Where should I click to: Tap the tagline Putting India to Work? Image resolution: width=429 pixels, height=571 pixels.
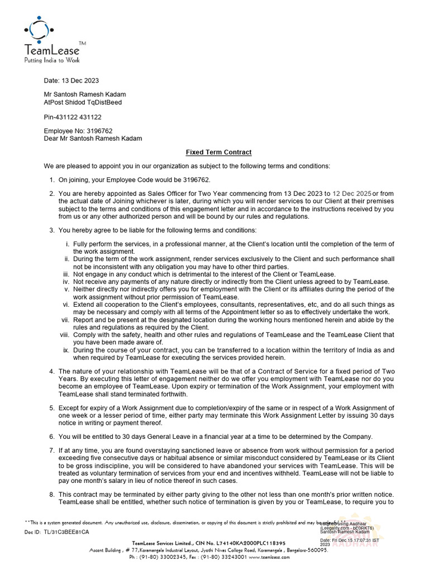point(51,60)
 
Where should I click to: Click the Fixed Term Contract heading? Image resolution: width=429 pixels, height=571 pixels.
point(218,152)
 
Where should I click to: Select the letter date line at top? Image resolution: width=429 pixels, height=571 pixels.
point(71,80)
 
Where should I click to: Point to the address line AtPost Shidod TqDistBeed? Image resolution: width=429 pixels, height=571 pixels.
point(83,103)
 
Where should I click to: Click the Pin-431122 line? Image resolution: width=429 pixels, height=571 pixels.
point(73,117)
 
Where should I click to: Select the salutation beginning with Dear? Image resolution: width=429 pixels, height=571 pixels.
point(93,138)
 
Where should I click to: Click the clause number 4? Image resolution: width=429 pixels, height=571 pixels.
point(51,371)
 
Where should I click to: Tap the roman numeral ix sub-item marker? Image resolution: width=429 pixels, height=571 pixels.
point(66,350)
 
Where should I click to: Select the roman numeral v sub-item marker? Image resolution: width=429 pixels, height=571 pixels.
point(68,289)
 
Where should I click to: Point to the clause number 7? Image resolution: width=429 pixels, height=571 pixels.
point(51,450)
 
